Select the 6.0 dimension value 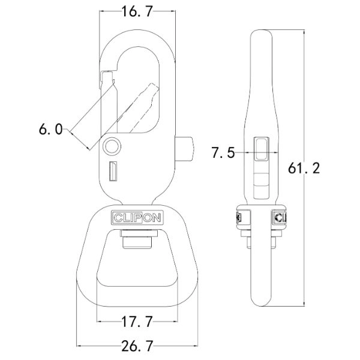pyautogui.click(x=50, y=128)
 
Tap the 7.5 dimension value pyautogui.click(x=222, y=153)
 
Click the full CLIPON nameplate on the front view pyautogui.click(x=136, y=218)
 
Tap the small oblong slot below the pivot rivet pyautogui.click(x=112, y=172)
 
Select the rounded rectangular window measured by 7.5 pyautogui.click(x=261, y=149)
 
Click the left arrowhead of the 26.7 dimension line pyautogui.click(x=78, y=346)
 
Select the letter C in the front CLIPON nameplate pyautogui.click(x=116, y=218)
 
